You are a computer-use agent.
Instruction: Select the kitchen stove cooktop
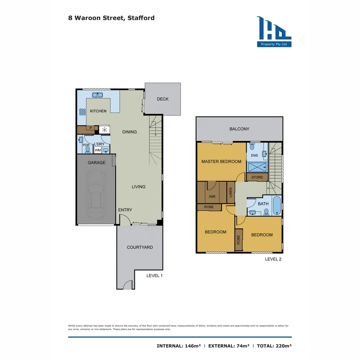(x=82, y=112)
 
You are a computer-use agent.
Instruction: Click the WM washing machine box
(x=98, y=150)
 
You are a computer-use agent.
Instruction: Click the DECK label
(x=163, y=99)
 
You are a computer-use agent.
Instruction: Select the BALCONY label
(x=239, y=129)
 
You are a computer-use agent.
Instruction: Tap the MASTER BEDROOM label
(x=221, y=162)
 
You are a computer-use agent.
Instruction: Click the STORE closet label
(x=257, y=177)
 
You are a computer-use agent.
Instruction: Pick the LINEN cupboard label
(x=230, y=192)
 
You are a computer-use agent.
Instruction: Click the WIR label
(x=212, y=197)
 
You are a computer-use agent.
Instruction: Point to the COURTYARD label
(x=140, y=247)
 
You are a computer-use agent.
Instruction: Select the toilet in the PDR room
(x=88, y=149)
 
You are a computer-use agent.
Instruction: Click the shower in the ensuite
(x=257, y=167)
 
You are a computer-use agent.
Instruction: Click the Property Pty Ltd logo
(x=274, y=32)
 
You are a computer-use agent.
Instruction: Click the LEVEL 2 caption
(x=273, y=259)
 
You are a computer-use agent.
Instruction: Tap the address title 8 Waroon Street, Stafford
(x=111, y=18)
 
